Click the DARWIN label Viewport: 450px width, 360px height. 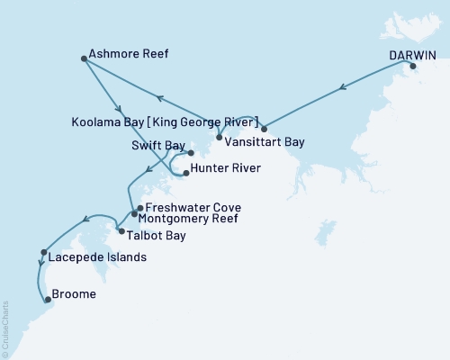point(413,54)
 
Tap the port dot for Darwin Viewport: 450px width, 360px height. point(413,67)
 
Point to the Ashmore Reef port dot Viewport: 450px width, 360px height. point(84,59)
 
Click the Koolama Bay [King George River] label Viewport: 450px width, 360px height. point(166,121)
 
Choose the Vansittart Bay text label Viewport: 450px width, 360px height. point(269,142)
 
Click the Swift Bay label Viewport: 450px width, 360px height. point(156,143)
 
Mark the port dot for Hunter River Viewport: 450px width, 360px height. point(185,172)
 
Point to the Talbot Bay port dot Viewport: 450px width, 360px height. point(121,231)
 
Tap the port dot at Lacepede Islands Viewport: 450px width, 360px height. point(43,252)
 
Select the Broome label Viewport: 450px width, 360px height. point(75,293)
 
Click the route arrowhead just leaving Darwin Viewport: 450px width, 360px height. point(342,88)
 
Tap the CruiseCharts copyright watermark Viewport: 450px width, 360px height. point(5,328)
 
